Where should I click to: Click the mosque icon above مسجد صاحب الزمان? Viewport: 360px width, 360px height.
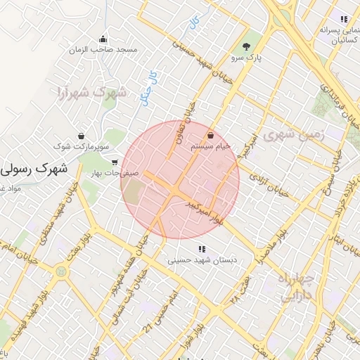click(x=103, y=39)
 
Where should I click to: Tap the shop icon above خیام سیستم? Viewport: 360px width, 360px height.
click(x=211, y=134)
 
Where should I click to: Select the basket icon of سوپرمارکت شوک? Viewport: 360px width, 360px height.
click(x=82, y=135)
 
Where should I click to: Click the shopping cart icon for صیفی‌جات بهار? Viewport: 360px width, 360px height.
click(x=114, y=162)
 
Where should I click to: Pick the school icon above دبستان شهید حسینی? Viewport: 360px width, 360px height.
click(x=202, y=248)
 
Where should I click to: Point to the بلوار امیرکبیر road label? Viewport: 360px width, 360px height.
click(x=204, y=212)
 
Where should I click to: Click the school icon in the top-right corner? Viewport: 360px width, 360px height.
click(x=343, y=19)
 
